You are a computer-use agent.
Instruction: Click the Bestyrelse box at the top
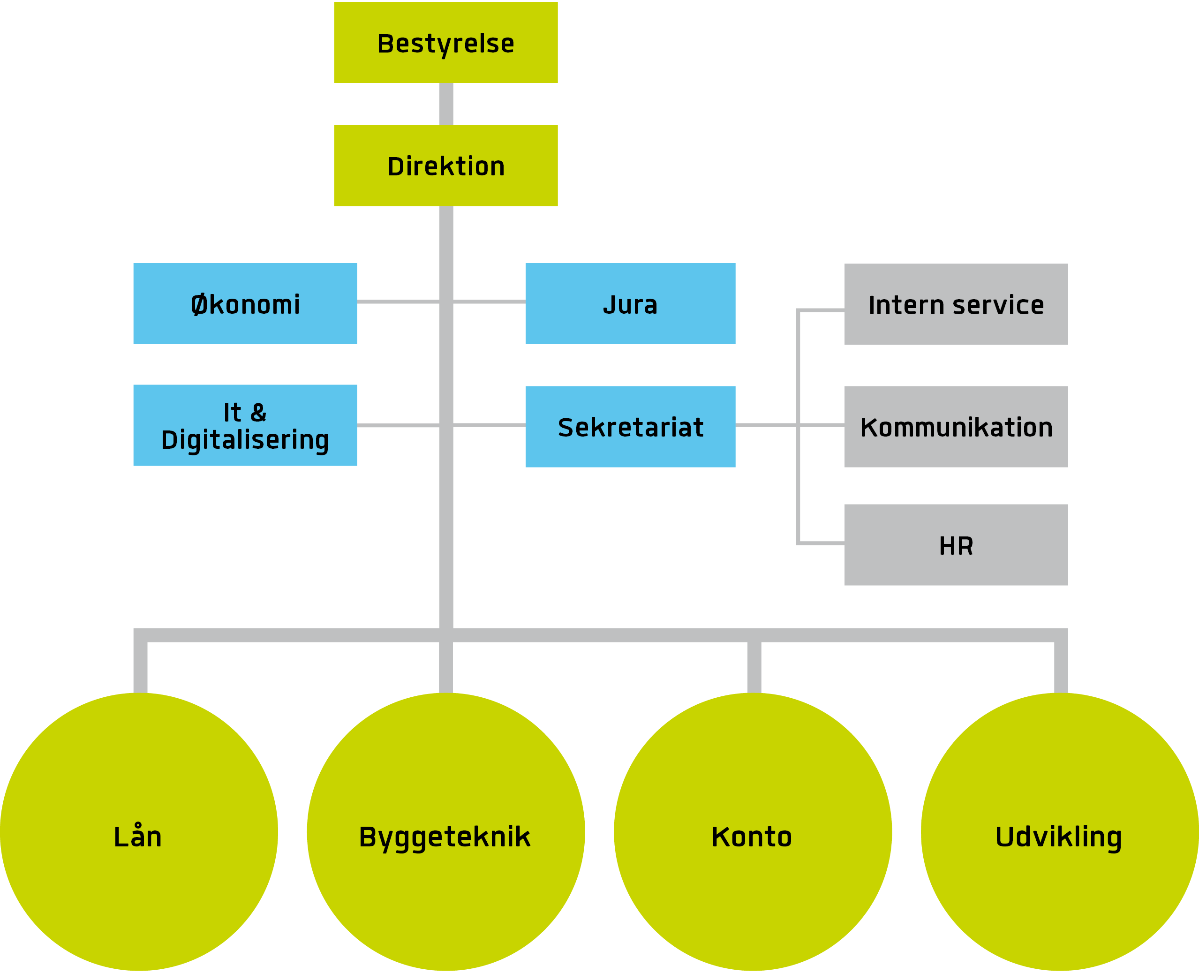[x=445, y=43]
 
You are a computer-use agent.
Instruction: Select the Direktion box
[x=445, y=166]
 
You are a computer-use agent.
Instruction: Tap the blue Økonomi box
[x=245, y=303]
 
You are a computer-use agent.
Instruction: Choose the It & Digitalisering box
[x=245, y=425]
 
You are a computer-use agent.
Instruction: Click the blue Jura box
[x=630, y=303]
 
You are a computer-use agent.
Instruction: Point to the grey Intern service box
[x=956, y=304]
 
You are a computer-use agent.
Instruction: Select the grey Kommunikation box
[x=956, y=427]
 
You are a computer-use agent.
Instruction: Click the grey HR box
[x=956, y=545]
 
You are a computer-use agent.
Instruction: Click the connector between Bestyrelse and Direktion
[x=446, y=104]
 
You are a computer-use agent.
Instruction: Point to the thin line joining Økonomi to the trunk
[x=398, y=302]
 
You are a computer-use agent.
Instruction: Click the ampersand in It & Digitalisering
[x=258, y=413]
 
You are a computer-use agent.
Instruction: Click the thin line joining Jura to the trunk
[x=489, y=302]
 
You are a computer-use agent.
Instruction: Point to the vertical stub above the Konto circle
[x=754, y=667]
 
